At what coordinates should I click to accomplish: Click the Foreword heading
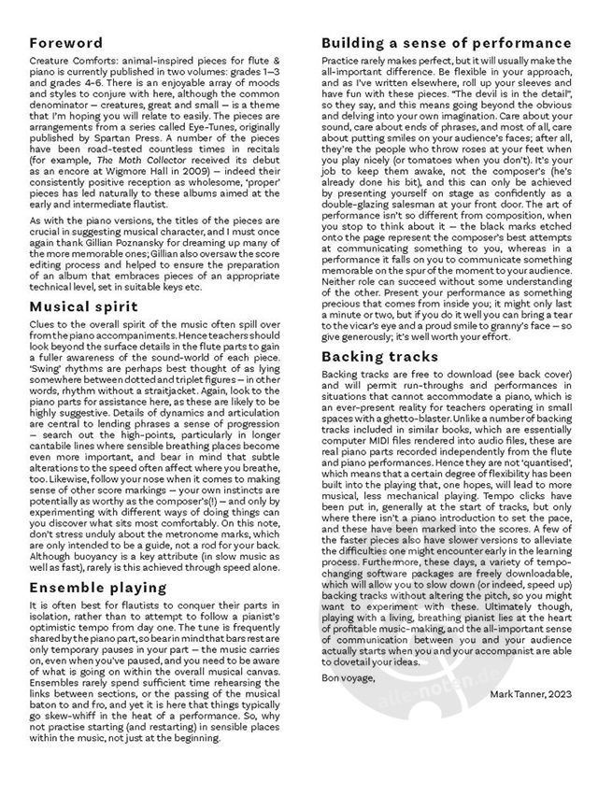pos(66,42)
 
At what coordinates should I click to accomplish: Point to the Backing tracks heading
pos(379,357)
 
